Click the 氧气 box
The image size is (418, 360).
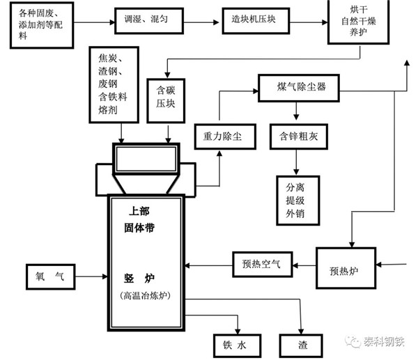pos(49,277)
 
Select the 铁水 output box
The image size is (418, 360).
pos(237,344)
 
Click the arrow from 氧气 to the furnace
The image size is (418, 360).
pos(91,277)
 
